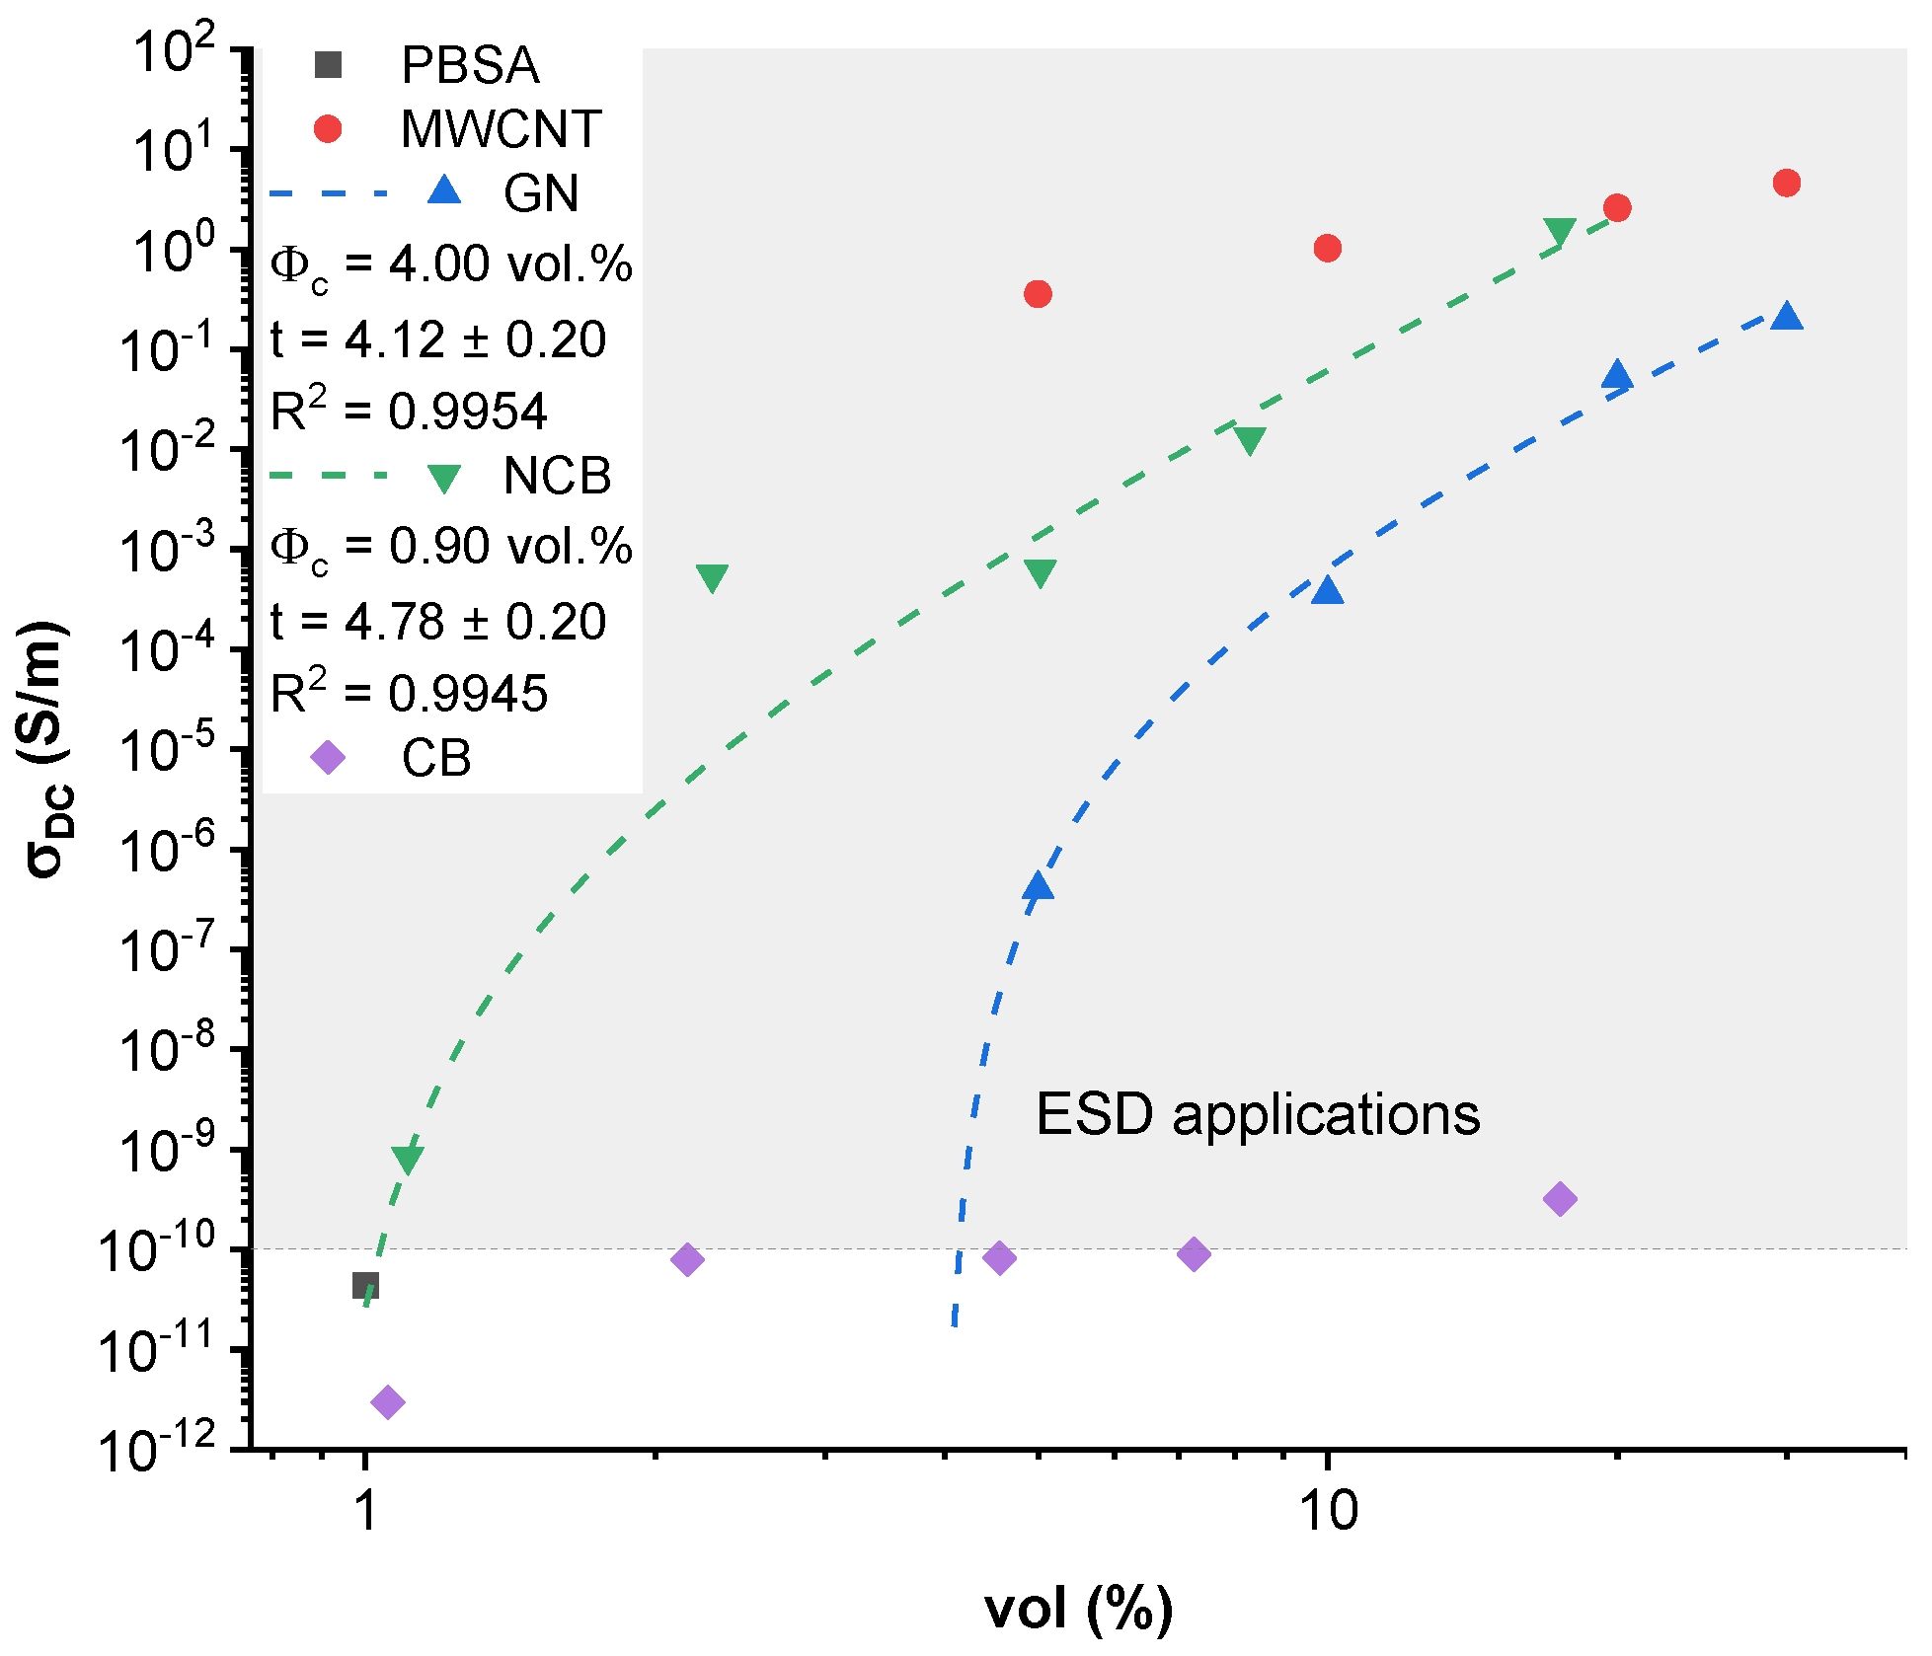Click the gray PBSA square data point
(365, 1285)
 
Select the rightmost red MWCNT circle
(1786, 183)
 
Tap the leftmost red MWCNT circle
(1038, 294)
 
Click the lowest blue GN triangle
(1038, 886)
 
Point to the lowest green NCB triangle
(407, 1159)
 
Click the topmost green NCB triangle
(1560, 231)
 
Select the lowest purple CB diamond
(388, 1401)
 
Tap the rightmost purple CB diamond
(1560, 1199)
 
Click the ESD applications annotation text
(1258, 1115)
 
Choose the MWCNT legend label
(501, 129)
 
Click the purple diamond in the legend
(328, 758)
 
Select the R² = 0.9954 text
(409, 411)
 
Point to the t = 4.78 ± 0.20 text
(438, 622)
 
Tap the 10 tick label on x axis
(1328, 1510)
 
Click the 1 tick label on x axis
(365, 1510)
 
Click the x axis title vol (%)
(1078, 1609)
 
